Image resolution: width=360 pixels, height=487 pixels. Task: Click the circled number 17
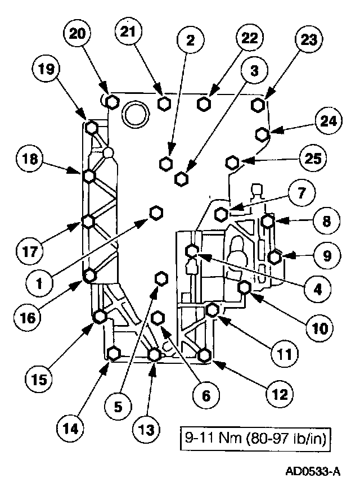(x=36, y=249)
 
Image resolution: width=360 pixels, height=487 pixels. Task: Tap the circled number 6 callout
(x=206, y=396)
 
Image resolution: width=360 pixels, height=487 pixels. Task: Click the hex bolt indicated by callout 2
(x=165, y=164)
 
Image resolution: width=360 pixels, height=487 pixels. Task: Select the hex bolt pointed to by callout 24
(x=262, y=134)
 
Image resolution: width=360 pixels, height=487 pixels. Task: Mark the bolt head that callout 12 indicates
(x=205, y=355)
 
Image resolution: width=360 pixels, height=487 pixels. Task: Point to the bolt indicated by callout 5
(x=161, y=278)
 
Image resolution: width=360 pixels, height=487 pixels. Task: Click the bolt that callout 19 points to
(x=92, y=128)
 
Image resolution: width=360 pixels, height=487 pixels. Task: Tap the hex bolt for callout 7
(x=222, y=213)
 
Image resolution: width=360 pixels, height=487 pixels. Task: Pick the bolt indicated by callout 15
(x=100, y=317)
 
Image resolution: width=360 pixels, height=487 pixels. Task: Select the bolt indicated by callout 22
(x=205, y=103)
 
